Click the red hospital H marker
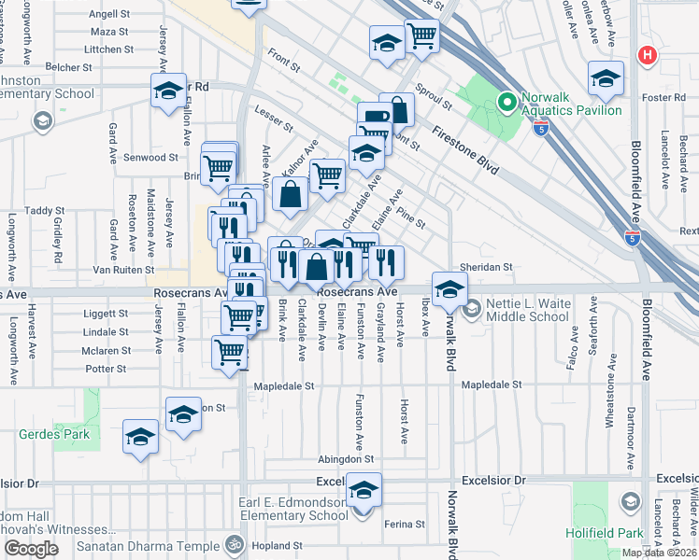tap(646, 56)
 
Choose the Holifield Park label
tap(605, 533)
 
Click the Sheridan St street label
tap(488, 267)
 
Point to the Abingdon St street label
tap(345, 459)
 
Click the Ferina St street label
tap(404, 524)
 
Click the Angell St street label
tap(109, 14)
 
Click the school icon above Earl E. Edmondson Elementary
tap(364, 490)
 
